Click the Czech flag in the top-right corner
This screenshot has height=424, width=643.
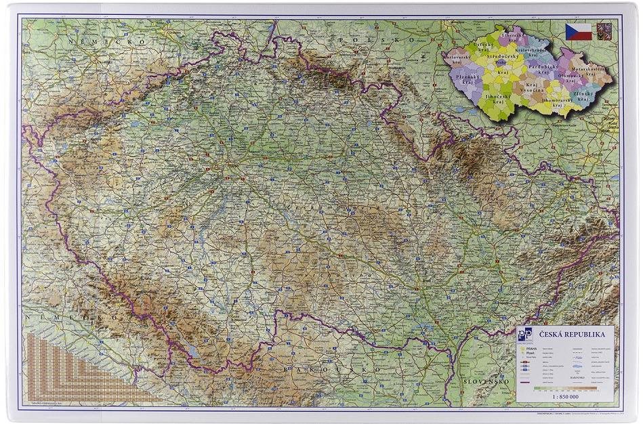point(578,31)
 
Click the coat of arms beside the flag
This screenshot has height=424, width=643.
point(604,30)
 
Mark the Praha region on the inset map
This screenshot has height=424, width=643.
point(501,62)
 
